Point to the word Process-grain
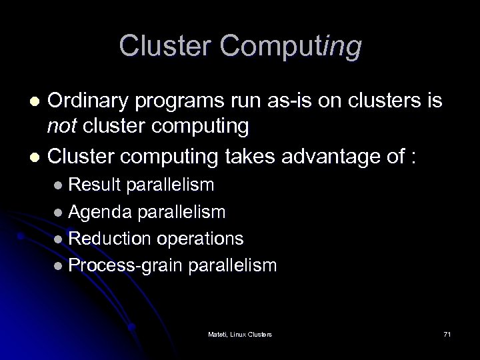[126, 265]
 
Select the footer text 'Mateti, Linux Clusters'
[239, 333]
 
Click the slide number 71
[446, 333]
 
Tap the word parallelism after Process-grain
[232, 265]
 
